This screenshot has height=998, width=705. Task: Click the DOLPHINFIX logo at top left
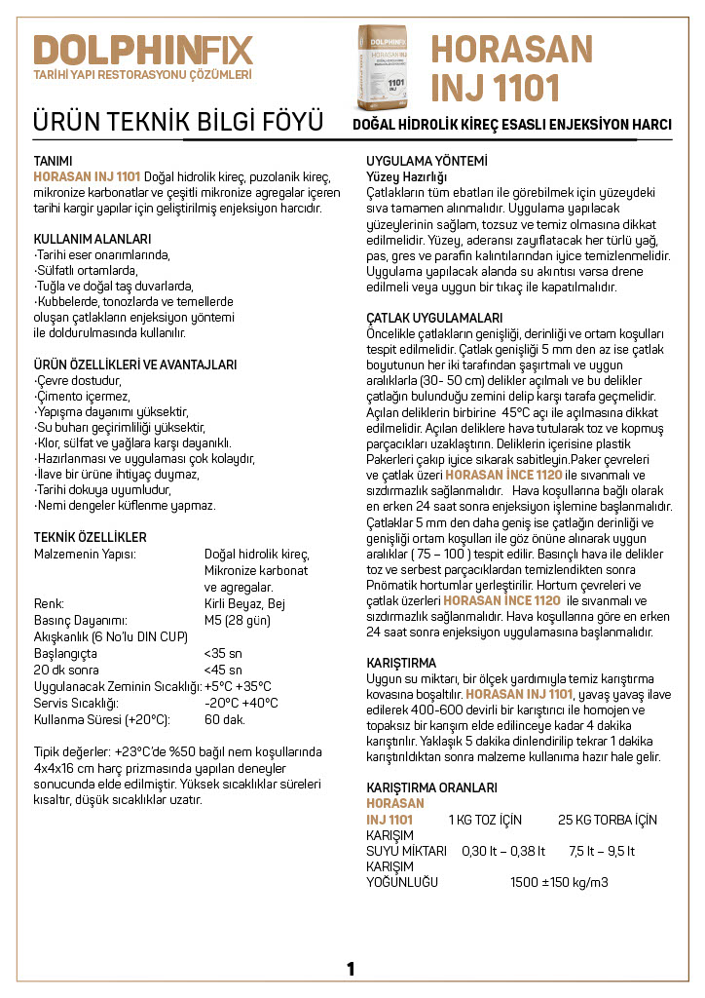142,50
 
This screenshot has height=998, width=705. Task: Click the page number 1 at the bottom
351,968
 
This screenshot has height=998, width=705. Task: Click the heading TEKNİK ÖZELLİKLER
91,537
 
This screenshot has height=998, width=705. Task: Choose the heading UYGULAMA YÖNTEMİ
427,161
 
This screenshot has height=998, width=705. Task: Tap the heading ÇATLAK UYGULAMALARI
434,319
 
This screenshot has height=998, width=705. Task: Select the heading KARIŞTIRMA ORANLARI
431,787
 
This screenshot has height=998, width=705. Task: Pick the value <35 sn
223,653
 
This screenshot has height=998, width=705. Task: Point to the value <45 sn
223,670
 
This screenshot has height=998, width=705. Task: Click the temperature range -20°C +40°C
241,703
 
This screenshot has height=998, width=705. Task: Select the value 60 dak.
225,719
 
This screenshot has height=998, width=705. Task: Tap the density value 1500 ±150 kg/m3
559,882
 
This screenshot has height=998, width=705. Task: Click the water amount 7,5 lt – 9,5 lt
602,851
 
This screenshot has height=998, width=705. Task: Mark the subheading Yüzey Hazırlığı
406,176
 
